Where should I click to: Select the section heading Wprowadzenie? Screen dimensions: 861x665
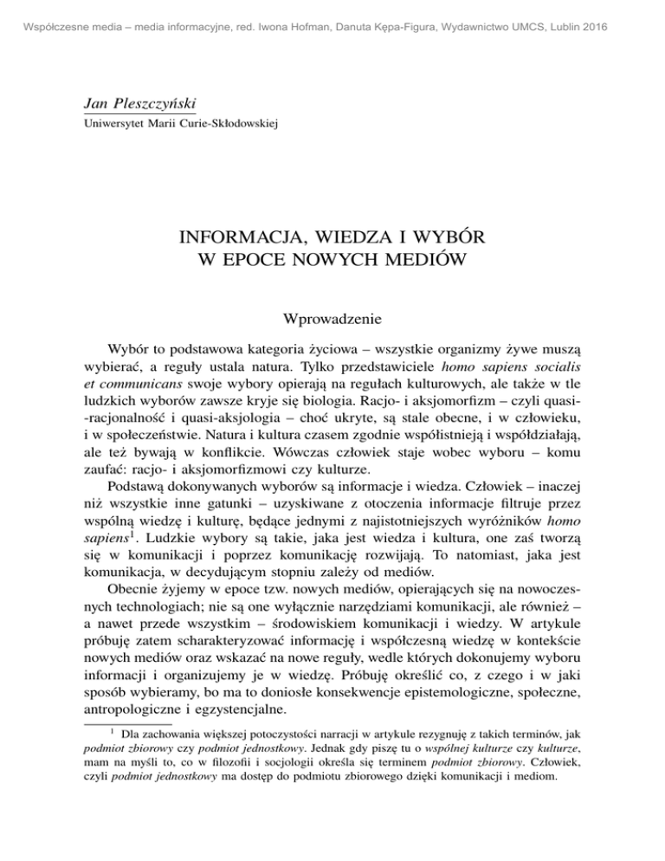[332, 320]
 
